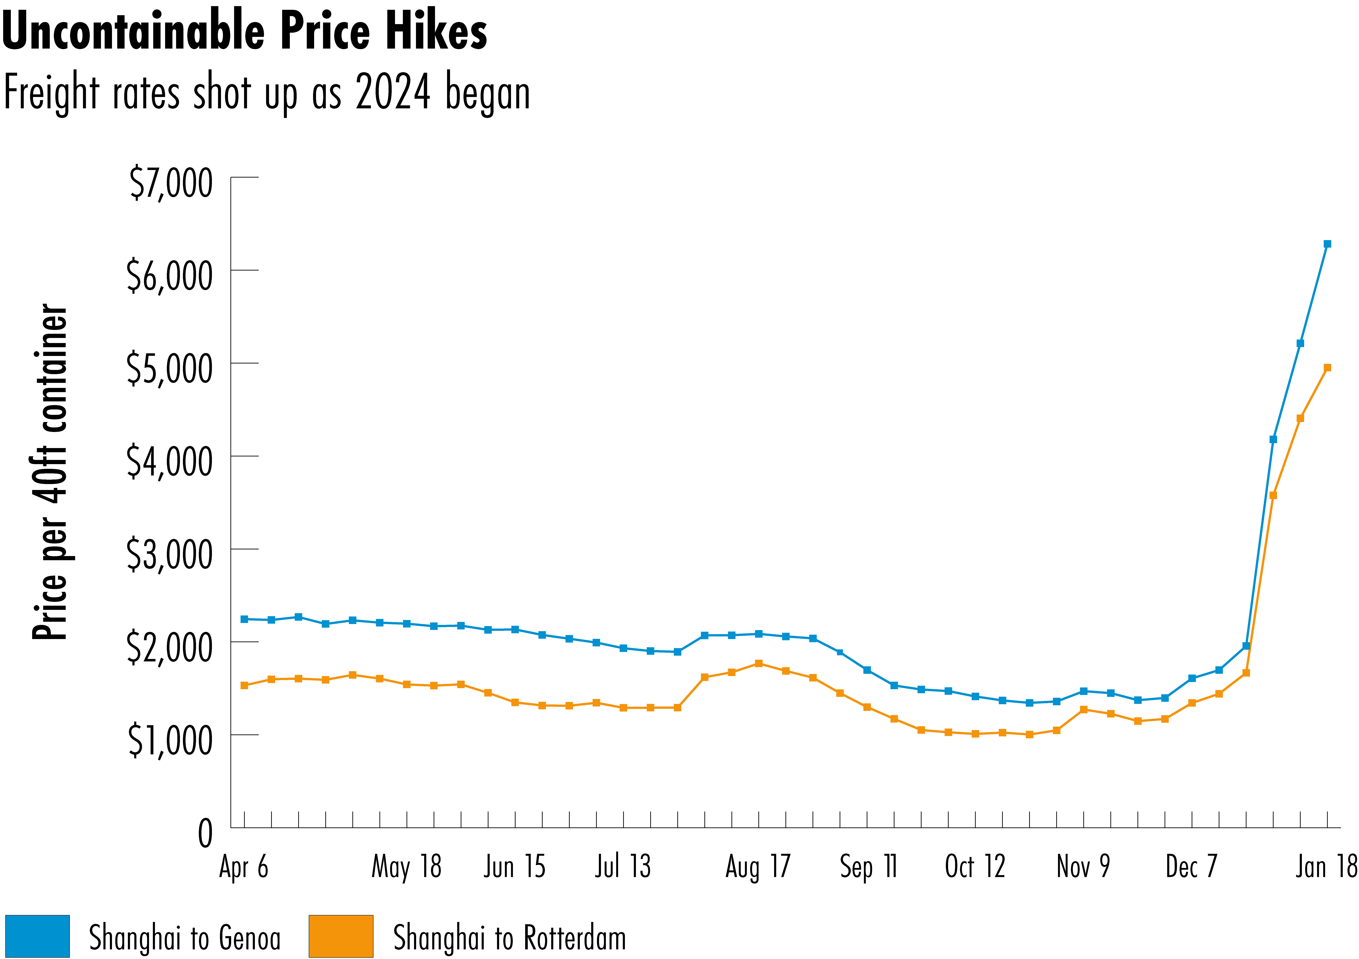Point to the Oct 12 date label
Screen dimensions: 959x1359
pos(975,867)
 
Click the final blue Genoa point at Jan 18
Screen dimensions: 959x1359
pos(1327,244)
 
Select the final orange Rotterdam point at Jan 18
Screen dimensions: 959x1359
pos(1327,368)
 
